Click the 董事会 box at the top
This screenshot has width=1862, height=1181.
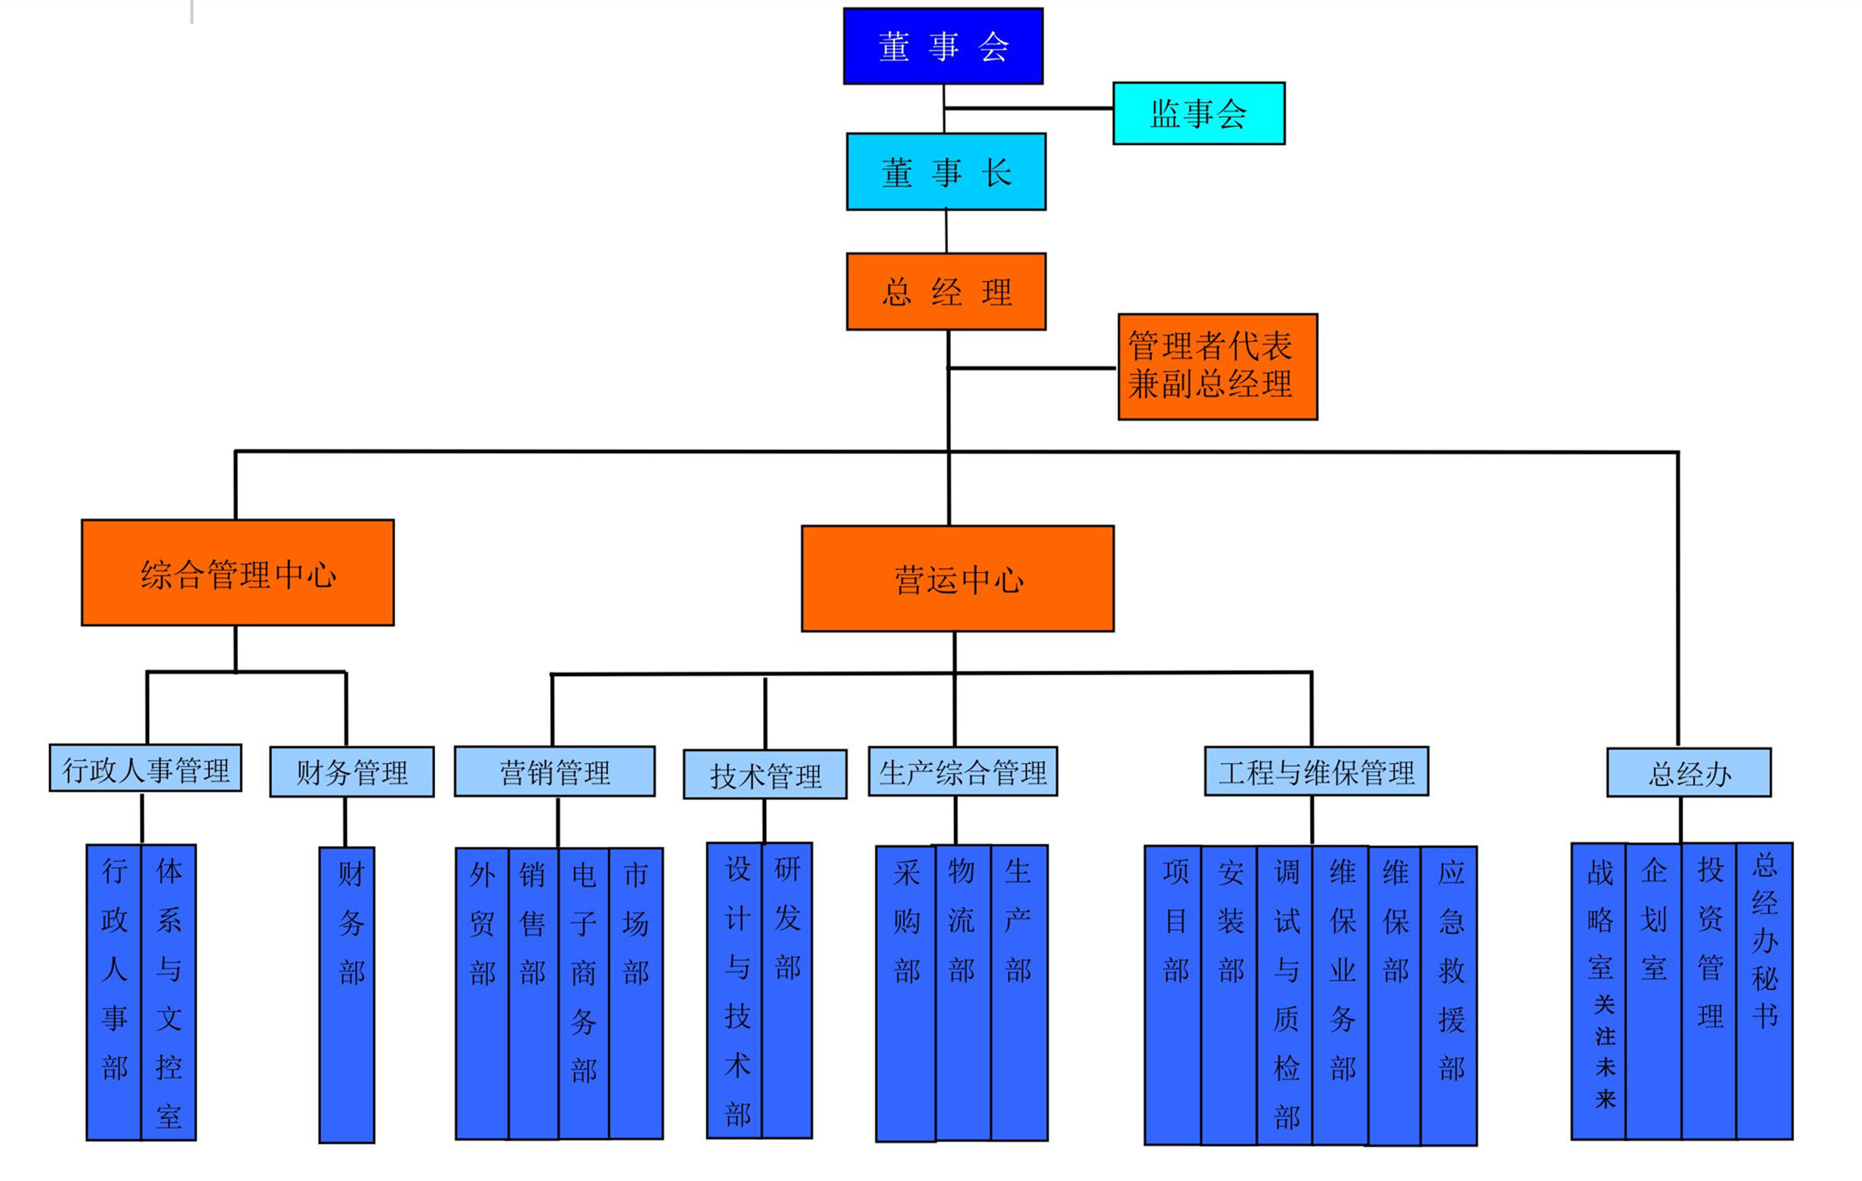pos(943,46)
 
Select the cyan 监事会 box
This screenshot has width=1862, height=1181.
pos(1199,113)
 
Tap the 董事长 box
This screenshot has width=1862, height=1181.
pos(946,172)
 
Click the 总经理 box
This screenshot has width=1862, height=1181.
pos(946,292)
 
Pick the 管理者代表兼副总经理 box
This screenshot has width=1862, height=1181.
pos(1217,366)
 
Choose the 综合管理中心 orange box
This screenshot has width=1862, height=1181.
pos(237,572)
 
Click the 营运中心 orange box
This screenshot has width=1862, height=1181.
pos(957,579)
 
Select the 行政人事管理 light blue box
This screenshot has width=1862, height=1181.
pos(145,768)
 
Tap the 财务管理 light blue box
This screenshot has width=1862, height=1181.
pos(352,772)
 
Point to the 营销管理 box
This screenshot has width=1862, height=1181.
pos(554,771)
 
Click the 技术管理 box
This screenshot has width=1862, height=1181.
pos(764,774)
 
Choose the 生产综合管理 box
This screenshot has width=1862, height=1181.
pos(962,771)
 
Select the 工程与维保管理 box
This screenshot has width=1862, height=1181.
pos(1316,771)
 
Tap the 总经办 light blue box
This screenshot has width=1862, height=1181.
pos(1689,773)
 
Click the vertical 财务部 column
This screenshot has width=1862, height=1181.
pos(347,994)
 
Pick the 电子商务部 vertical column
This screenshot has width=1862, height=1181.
pos(584,994)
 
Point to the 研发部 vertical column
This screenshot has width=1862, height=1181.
pos(787,990)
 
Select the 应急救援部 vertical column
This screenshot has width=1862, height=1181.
pos(1450,995)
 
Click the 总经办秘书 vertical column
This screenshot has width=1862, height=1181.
pos(1765,991)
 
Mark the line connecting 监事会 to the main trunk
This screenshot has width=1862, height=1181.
pos(1028,108)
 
